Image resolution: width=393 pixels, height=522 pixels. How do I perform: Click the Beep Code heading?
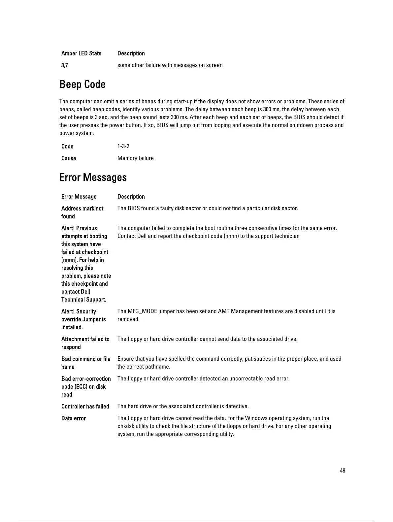82,84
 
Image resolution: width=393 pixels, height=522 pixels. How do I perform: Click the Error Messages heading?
93,178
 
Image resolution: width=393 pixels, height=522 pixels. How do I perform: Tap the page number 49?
343,471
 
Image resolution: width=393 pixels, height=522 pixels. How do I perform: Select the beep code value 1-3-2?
123,147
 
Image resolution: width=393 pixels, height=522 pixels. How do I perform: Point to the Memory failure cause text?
135,158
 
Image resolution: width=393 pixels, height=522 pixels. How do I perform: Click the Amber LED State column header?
81,53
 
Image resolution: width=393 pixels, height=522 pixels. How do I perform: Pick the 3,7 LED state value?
65,65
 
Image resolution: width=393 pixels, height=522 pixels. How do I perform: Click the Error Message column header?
79,197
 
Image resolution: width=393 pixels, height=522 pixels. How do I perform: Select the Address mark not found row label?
82,212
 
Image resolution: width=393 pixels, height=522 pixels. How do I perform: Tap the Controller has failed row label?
85,407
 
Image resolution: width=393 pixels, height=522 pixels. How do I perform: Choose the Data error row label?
74,418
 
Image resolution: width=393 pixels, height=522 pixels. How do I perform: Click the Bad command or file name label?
86,363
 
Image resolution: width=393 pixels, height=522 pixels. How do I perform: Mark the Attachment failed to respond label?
85,343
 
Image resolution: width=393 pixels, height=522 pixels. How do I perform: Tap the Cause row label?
69,158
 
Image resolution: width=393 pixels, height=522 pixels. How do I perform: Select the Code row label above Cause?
67,147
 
